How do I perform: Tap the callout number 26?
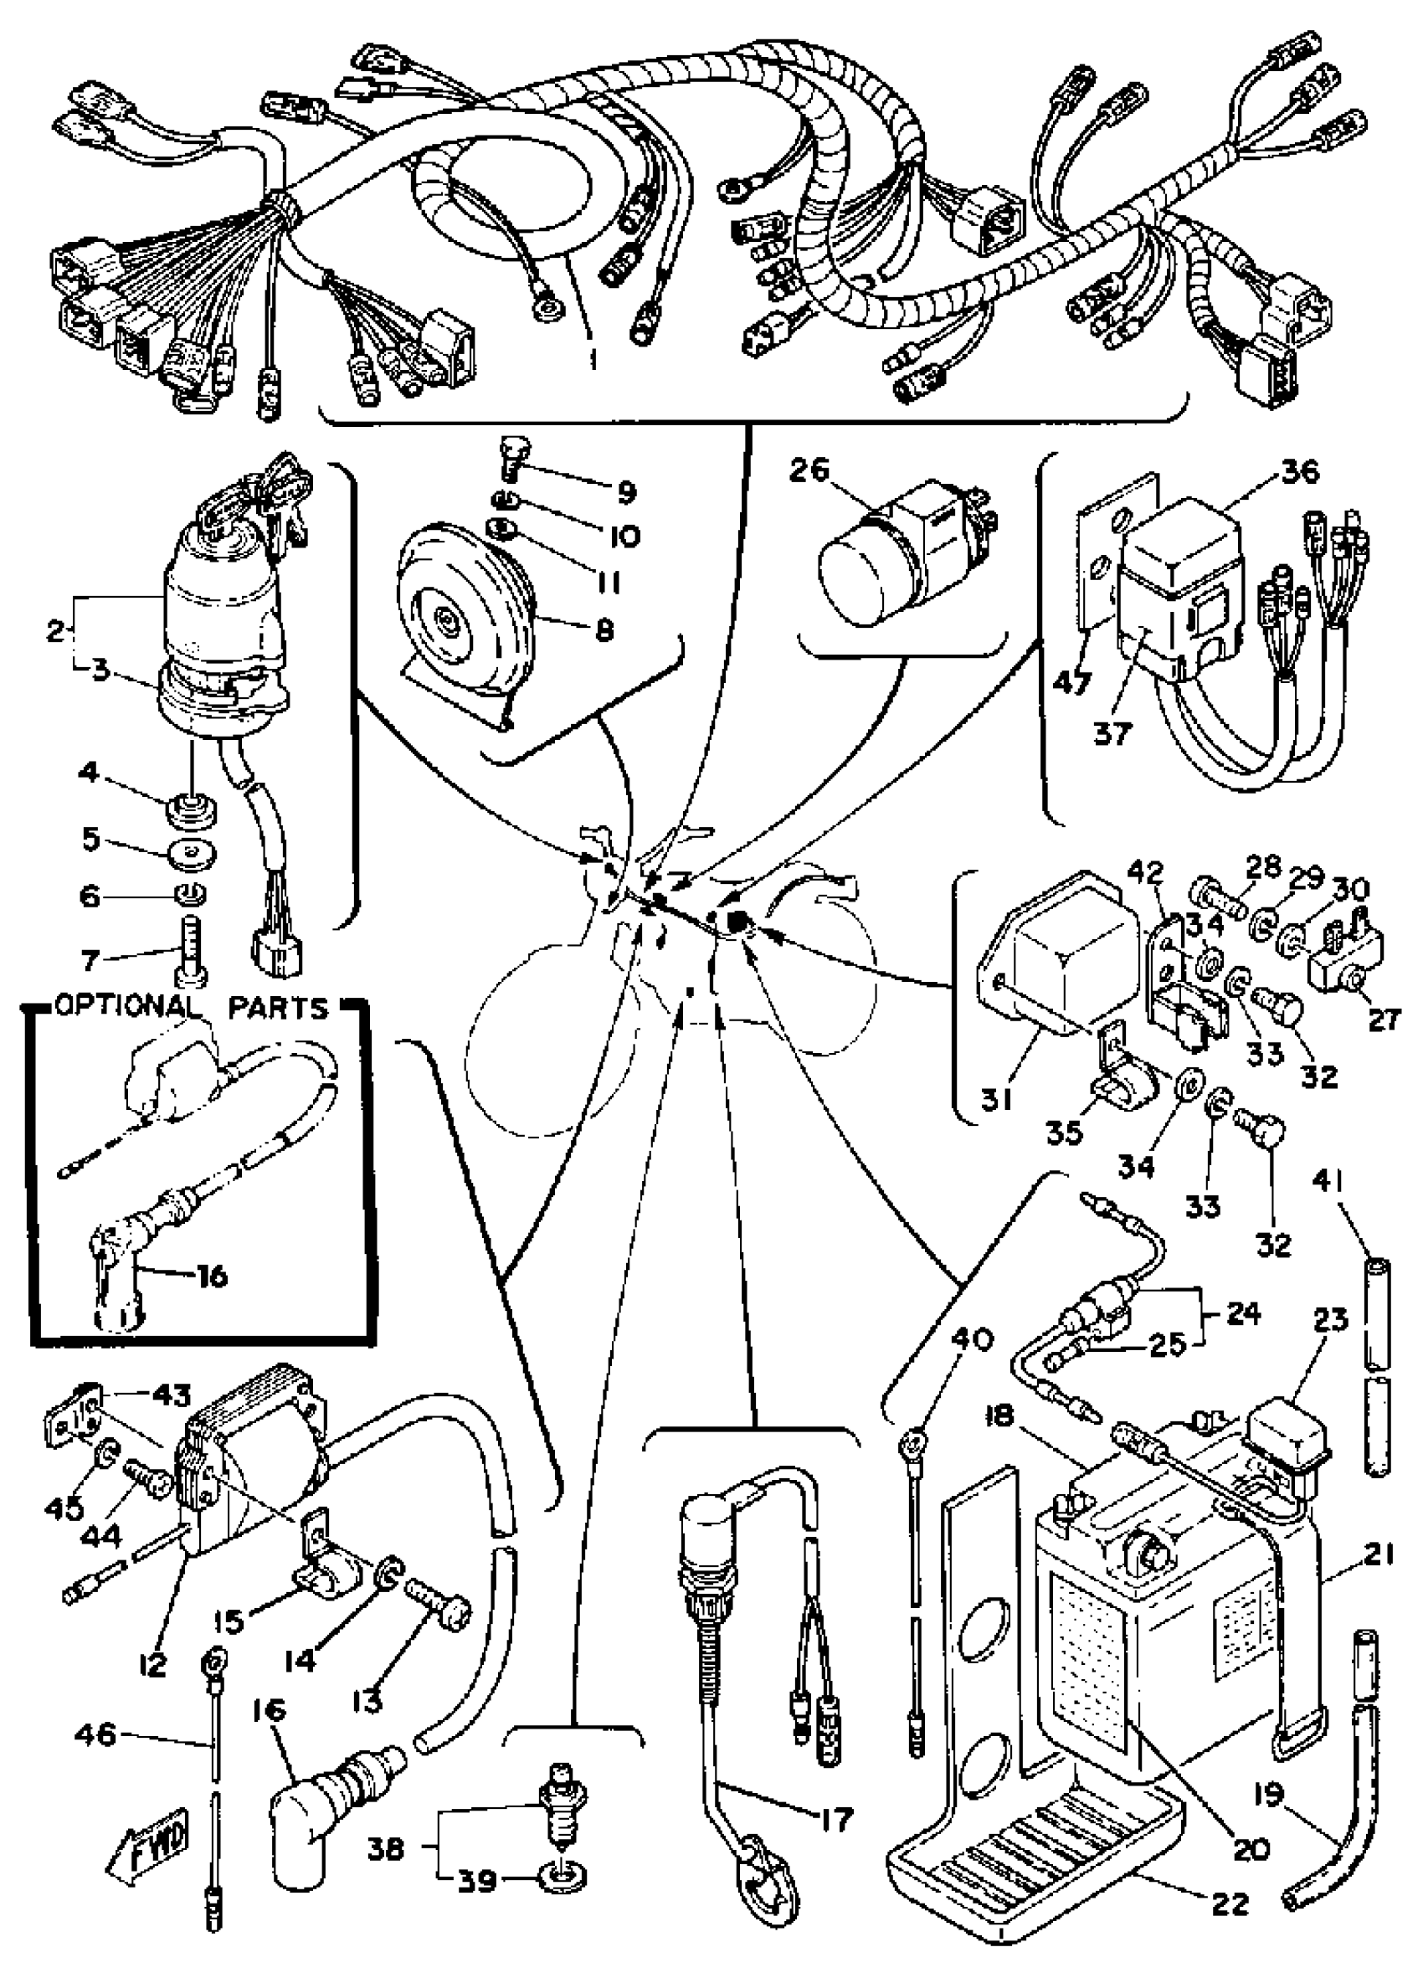pyautogui.click(x=810, y=471)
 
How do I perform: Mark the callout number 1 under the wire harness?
pyautogui.click(x=593, y=358)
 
